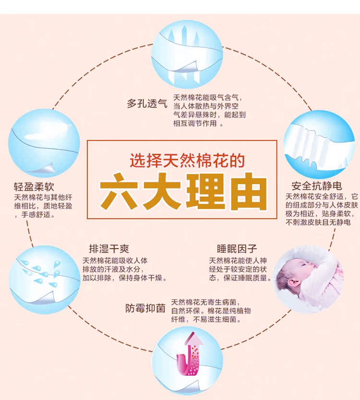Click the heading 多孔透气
tap(147, 103)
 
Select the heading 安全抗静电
tap(319, 186)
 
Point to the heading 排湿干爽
tap(109, 249)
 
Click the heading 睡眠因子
tap(237, 249)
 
